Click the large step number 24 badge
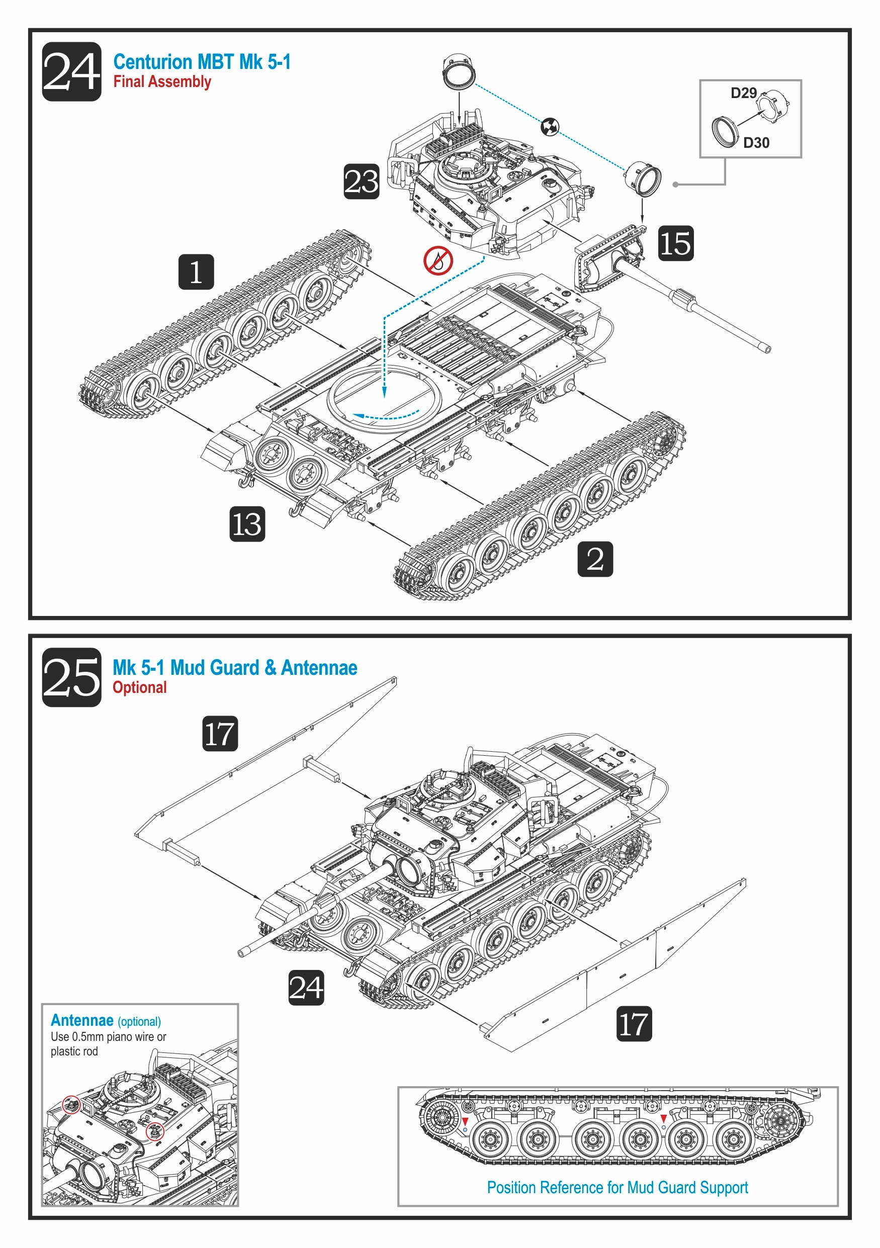(71, 71)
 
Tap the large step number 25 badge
(71, 677)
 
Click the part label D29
(743, 93)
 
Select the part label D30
(755, 142)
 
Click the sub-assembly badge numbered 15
(676, 243)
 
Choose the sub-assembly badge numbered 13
(247, 523)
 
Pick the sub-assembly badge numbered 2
(595, 558)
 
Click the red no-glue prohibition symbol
(438, 260)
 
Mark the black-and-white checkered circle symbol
(550, 127)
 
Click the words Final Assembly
(162, 81)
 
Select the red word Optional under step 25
(139, 687)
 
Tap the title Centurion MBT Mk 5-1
(202, 62)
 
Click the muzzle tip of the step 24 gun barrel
(767, 348)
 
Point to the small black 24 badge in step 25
(306, 988)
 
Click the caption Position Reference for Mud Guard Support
(617, 1188)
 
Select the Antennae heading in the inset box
(82, 1020)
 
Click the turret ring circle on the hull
(384, 397)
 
